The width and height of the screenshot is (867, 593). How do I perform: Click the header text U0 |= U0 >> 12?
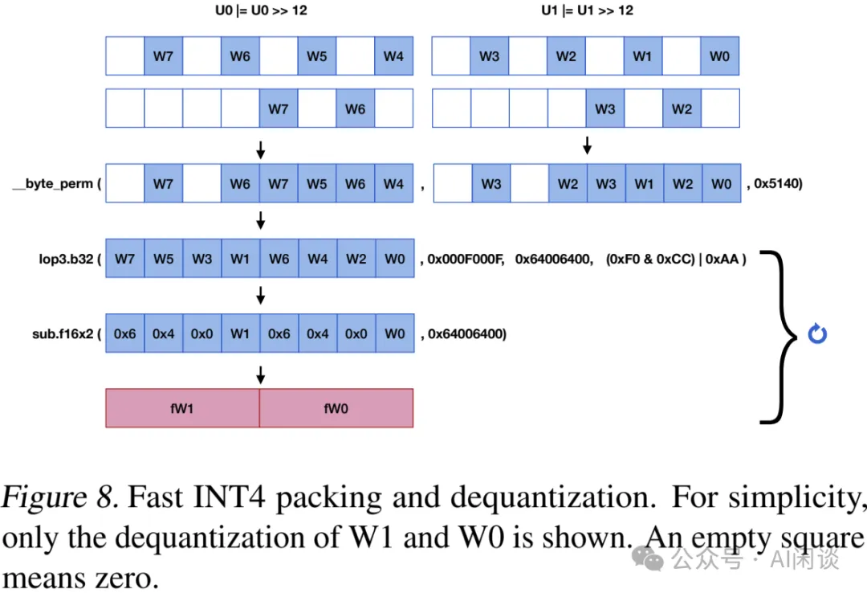click(259, 11)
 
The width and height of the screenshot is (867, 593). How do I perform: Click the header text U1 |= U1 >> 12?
click(587, 11)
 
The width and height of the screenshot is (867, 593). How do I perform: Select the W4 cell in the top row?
click(393, 56)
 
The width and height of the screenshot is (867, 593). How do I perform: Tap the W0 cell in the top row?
click(719, 56)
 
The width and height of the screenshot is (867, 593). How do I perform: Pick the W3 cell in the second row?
click(605, 108)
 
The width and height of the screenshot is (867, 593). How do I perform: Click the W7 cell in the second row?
click(279, 108)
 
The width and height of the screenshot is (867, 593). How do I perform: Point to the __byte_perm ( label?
click(56, 184)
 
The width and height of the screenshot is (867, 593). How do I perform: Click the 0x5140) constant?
click(778, 184)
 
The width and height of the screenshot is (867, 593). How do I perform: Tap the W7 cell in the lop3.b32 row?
click(124, 259)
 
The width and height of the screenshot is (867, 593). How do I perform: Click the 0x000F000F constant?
click(465, 259)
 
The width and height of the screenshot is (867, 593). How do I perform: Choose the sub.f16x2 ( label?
click(66, 333)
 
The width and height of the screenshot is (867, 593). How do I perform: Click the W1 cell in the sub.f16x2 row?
click(240, 333)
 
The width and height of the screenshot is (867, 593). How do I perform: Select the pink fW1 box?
click(182, 408)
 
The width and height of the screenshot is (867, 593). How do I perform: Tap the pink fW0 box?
click(336, 408)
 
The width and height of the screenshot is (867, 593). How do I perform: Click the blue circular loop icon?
click(817, 334)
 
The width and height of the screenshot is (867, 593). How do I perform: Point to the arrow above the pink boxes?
click(260, 374)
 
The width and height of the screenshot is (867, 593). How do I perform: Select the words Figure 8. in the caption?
click(60, 499)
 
